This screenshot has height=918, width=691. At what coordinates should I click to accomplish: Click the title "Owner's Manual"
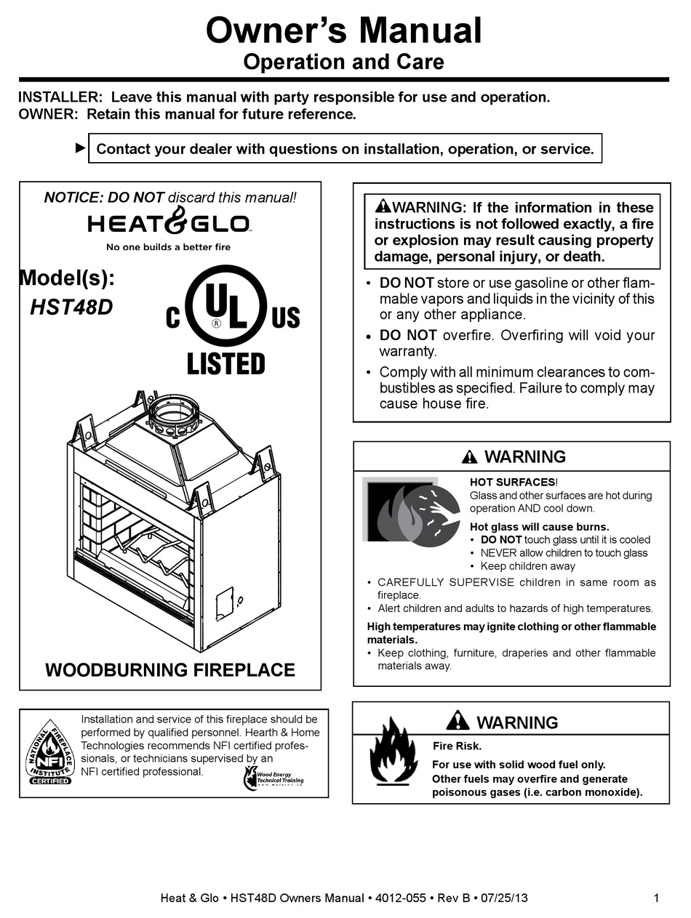[x=344, y=31]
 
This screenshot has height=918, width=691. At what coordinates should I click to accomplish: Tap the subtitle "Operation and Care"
[x=343, y=62]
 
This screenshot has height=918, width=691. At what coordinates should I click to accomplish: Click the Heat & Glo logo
[x=169, y=223]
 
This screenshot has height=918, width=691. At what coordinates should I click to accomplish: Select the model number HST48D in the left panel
[x=71, y=307]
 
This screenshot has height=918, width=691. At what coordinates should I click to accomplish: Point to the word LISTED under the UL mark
[x=226, y=363]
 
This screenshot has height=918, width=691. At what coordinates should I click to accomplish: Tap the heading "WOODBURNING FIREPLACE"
[x=170, y=669]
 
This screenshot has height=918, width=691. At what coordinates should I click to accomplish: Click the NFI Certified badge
[x=50, y=752]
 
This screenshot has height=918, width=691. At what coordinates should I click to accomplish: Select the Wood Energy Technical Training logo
[x=273, y=779]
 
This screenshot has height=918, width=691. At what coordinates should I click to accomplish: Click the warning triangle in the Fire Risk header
[x=458, y=720]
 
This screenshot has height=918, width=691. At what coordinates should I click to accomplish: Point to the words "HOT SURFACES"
[x=512, y=482]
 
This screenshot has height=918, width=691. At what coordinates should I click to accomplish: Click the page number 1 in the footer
[x=656, y=898]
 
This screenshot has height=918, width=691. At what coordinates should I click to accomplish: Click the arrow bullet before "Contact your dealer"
[x=80, y=148]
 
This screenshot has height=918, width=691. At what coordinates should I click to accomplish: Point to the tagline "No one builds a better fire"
[x=168, y=247]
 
